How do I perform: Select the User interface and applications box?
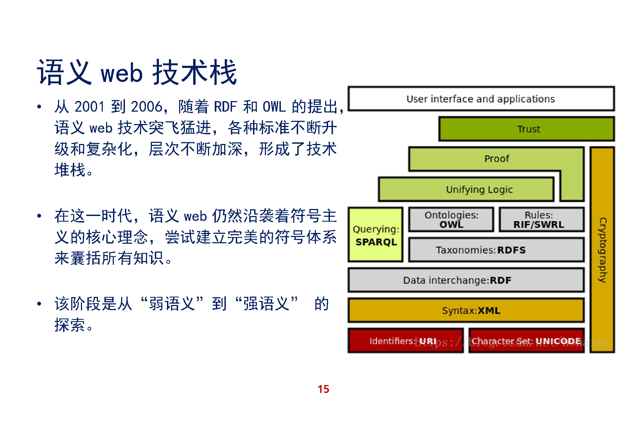[x=481, y=99]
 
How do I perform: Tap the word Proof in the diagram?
[x=496, y=159]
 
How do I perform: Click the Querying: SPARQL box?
[x=376, y=235]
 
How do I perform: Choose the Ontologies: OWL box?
[x=451, y=220]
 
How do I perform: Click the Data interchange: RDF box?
[x=466, y=280]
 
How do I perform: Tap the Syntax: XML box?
[x=466, y=311]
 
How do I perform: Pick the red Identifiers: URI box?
[x=405, y=341]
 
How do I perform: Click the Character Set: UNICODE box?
[x=526, y=341]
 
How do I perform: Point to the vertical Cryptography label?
[x=602, y=250]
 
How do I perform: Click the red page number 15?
[x=323, y=389]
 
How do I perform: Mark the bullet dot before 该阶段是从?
[x=39, y=304]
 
